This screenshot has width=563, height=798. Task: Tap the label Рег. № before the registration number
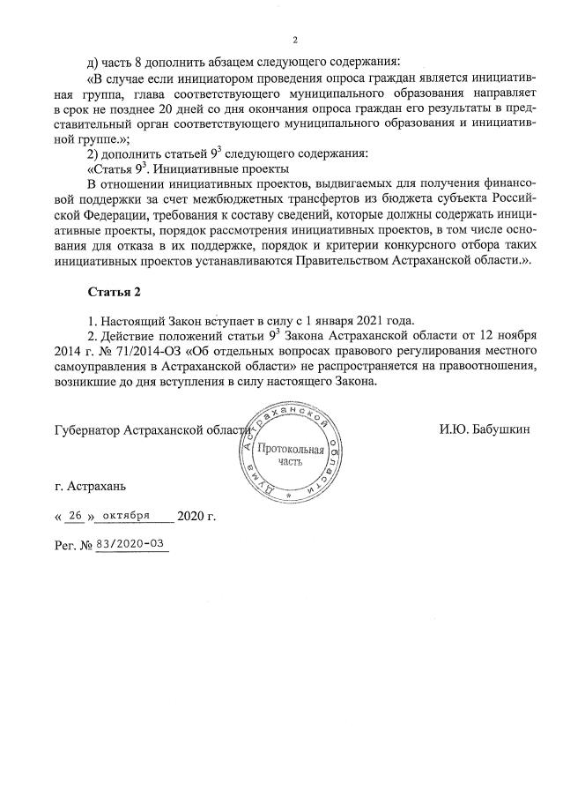73,546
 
